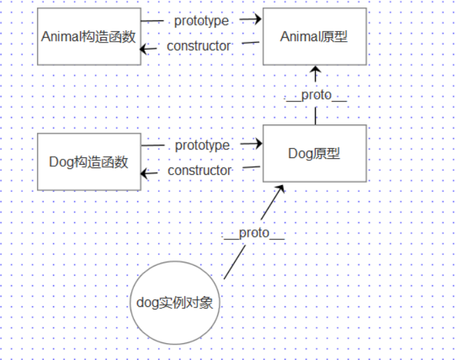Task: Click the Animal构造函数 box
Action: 89,36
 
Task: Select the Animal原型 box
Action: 314,36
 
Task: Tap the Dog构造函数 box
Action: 89,162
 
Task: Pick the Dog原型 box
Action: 314,153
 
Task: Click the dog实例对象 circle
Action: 174,302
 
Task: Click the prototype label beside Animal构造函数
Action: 201,20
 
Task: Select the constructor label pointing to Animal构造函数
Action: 199,46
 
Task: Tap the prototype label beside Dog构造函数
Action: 202,145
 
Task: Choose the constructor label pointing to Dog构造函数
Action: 199,171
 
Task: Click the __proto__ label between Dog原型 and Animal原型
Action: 316,96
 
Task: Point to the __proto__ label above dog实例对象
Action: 254,233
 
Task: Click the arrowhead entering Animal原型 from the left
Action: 256,20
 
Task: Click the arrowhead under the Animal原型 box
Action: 315,69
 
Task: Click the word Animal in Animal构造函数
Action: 60,37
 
